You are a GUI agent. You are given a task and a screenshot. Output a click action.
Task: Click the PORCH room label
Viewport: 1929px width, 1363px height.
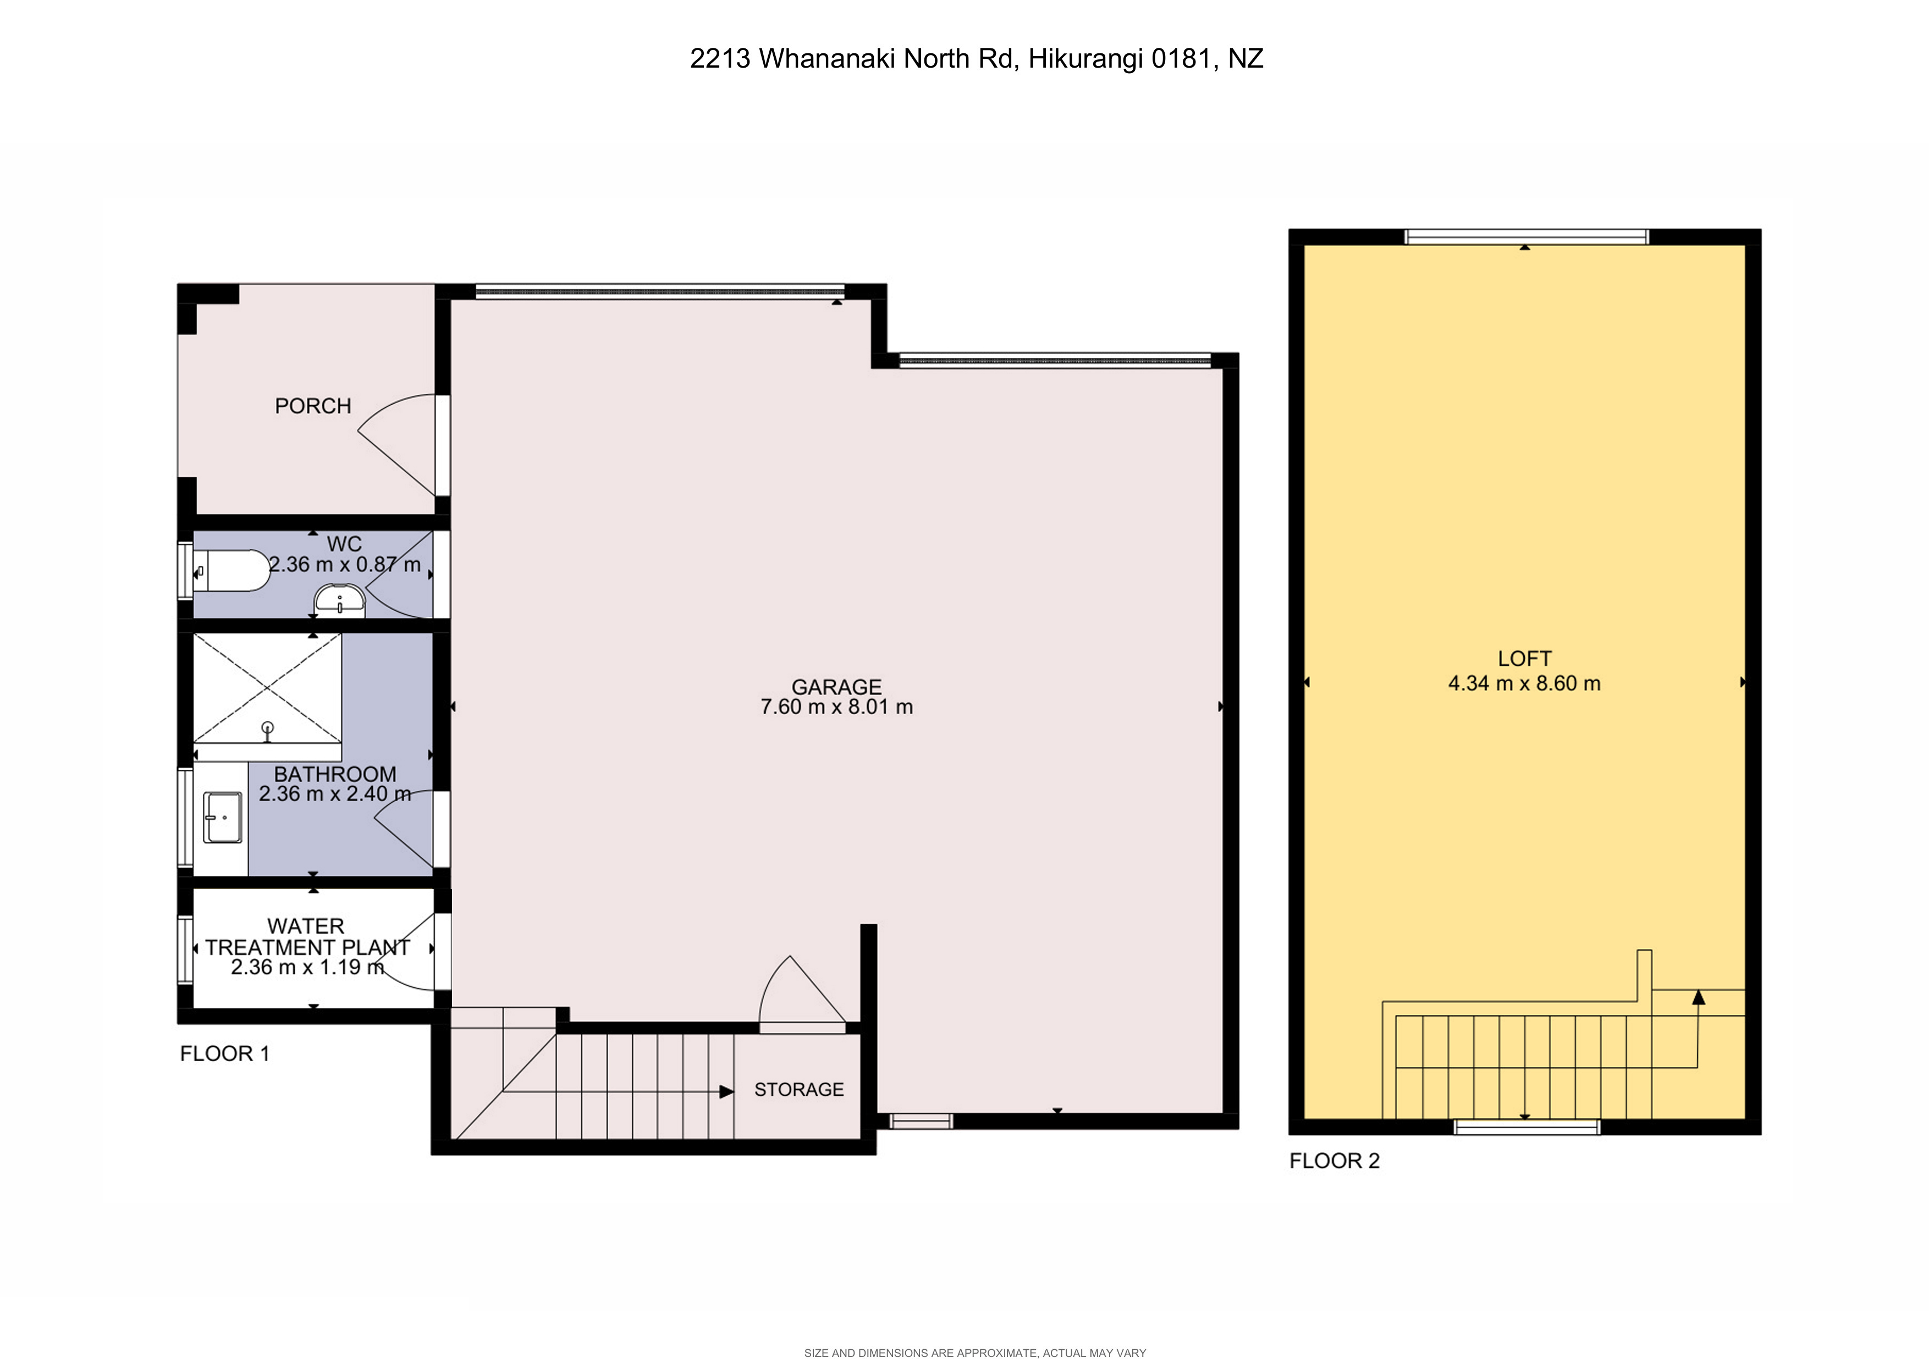[x=312, y=406]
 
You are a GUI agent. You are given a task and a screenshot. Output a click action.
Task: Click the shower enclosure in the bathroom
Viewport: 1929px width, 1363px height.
[x=267, y=688]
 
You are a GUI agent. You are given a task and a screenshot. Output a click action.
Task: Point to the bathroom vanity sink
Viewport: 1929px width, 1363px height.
[x=223, y=817]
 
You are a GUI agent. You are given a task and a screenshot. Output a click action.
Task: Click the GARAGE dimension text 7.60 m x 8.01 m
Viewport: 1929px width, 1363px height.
[x=836, y=707]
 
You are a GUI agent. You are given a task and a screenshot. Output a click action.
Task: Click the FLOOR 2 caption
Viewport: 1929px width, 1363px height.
[x=1334, y=1161]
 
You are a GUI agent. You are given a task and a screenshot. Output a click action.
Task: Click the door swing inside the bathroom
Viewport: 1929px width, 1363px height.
[x=403, y=831]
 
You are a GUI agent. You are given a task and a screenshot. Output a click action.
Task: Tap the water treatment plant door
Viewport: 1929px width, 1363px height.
[x=407, y=957]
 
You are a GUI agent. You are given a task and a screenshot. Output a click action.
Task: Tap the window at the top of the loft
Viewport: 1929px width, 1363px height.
[x=1526, y=237]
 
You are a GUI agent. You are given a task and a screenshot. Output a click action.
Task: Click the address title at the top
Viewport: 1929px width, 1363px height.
[x=976, y=59]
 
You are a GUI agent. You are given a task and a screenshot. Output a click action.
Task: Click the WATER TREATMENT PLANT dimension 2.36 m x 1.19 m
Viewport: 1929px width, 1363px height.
[x=307, y=968]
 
